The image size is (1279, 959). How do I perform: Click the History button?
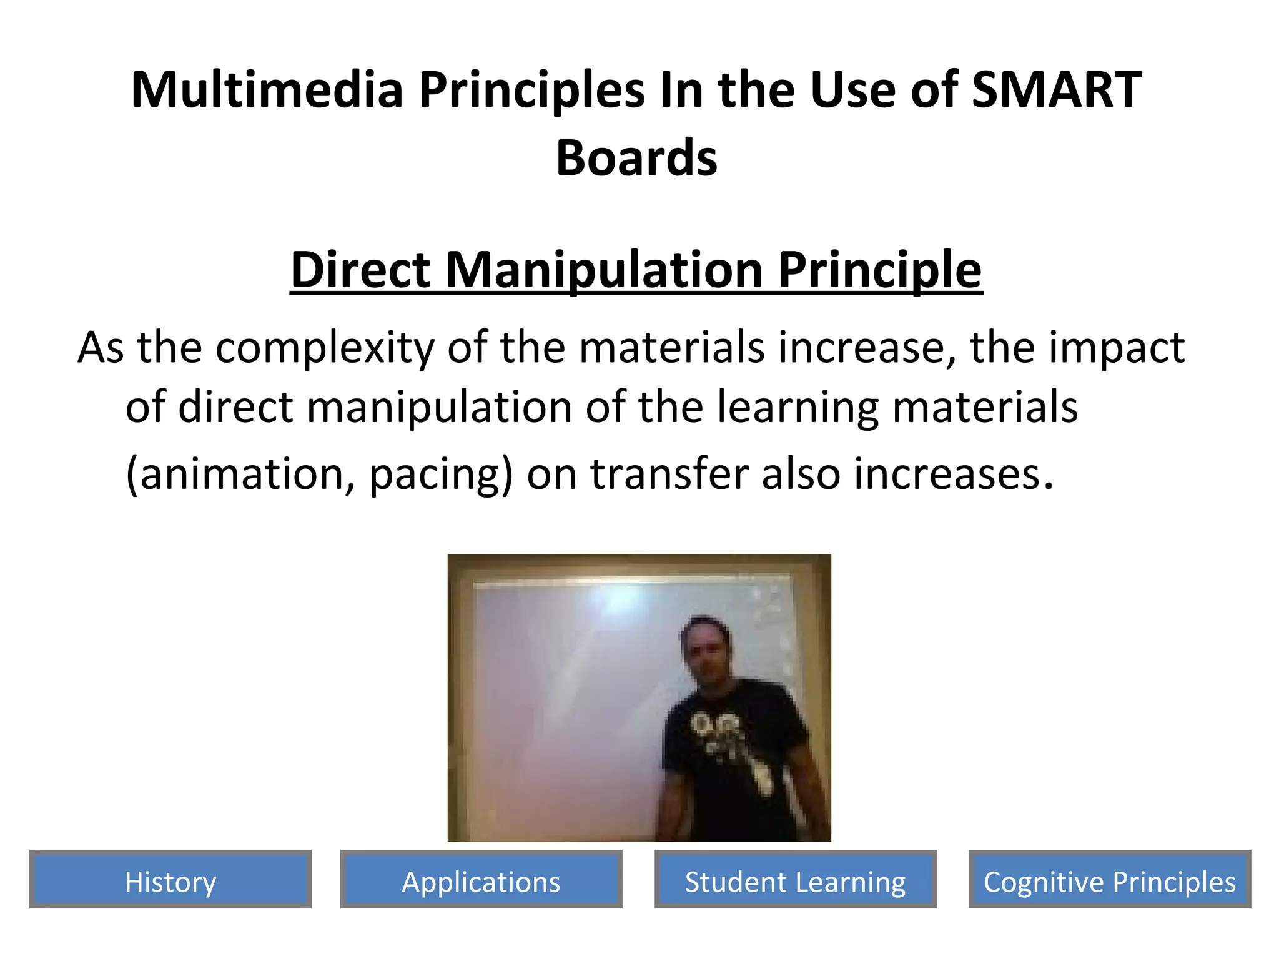coord(170,881)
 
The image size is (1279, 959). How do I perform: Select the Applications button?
coord(481,881)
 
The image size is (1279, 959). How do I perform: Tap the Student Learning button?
coord(795,881)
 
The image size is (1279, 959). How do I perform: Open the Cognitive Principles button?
coord(1109,881)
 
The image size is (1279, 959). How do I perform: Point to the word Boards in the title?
coord(636,158)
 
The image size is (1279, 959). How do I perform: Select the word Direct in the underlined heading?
coord(361,270)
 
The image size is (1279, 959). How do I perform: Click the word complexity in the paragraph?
coord(325,348)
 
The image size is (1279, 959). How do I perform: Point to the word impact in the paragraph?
coord(1116,348)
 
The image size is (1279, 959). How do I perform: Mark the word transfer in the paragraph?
coord(669,473)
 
